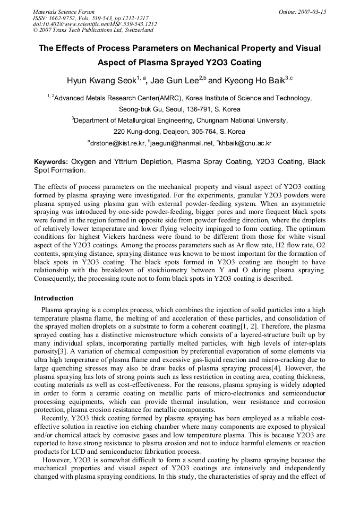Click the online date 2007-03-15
[x=312, y=12]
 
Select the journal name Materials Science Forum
[x=64, y=12]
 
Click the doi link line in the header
[x=95, y=24]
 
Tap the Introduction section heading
[x=54, y=298]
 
